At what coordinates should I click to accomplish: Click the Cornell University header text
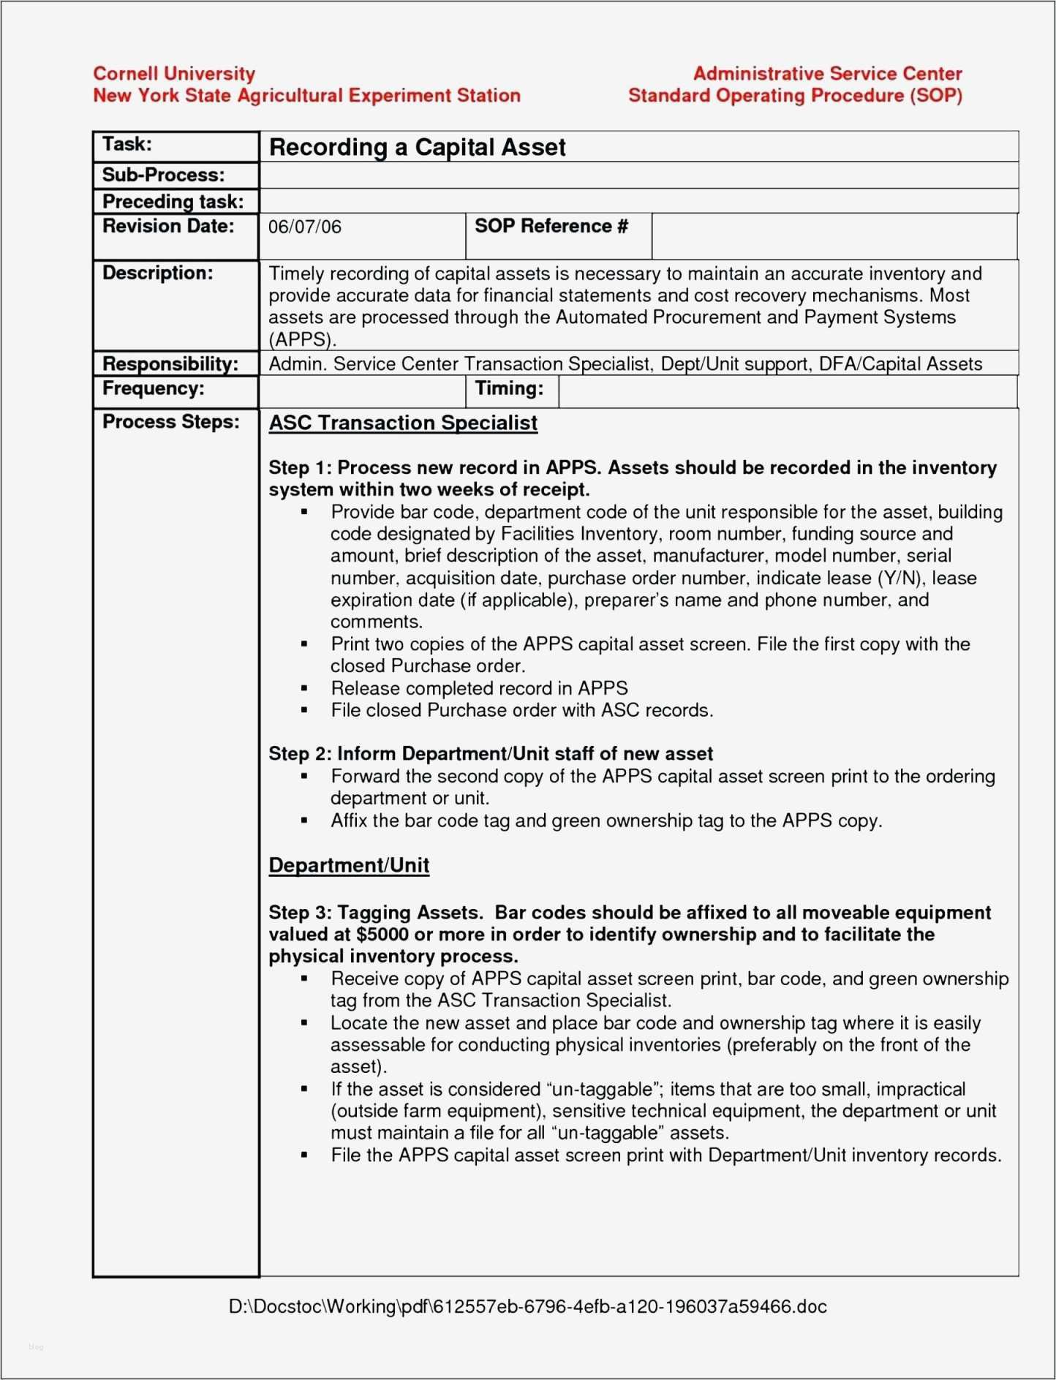click(x=174, y=73)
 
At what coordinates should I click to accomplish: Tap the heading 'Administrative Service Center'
click(x=827, y=73)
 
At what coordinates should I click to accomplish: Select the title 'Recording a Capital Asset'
click(x=417, y=147)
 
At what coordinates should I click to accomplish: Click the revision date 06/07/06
click(x=304, y=227)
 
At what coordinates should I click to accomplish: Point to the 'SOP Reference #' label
click(x=551, y=226)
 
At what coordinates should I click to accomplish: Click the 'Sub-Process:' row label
click(x=163, y=175)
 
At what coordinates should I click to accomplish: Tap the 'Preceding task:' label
click(x=173, y=201)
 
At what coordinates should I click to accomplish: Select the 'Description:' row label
click(x=157, y=273)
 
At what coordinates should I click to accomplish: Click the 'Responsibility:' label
click(x=170, y=363)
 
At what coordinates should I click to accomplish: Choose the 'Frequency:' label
click(x=153, y=388)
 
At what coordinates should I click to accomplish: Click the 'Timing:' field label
click(x=509, y=388)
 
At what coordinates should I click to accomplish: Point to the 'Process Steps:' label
click(x=170, y=422)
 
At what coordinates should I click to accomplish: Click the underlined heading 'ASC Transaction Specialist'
click(x=403, y=423)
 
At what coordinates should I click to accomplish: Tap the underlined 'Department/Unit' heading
click(x=349, y=865)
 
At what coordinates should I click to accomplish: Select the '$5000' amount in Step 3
click(x=382, y=935)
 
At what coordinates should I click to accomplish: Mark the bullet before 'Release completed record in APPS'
click(x=304, y=688)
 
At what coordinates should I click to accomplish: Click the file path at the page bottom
click(x=527, y=1306)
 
